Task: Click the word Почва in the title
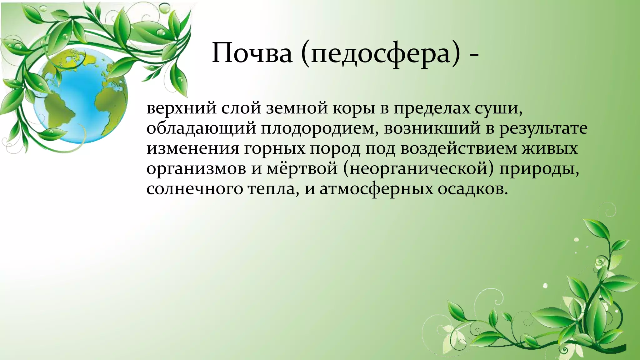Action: (x=252, y=53)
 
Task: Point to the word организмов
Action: (x=197, y=169)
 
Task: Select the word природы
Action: (x=539, y=169)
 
